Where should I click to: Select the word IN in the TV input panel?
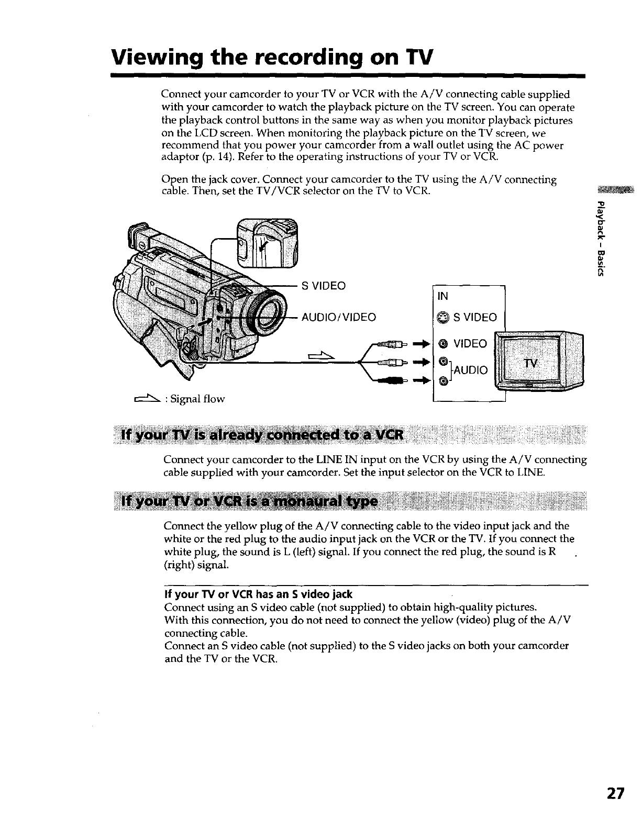(442, 296)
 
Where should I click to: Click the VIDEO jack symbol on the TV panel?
(442, 344)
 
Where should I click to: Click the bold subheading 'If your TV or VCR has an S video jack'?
(258, 594)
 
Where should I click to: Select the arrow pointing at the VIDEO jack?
(420, 344)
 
